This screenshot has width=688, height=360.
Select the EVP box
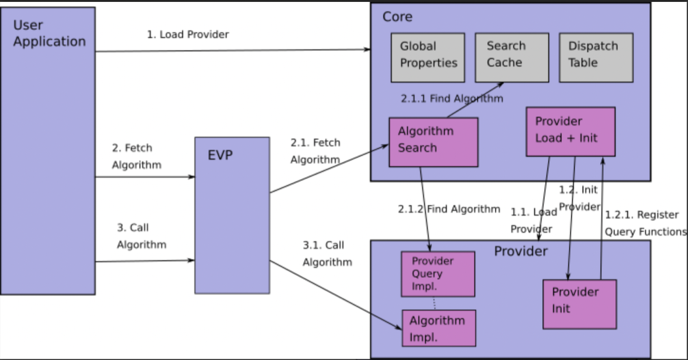point(232,215)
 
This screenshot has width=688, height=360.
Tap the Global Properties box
point(428,57)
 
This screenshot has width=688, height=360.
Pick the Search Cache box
point(512,57)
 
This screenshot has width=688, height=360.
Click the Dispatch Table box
point(596,57)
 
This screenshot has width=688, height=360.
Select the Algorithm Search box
point(433,141)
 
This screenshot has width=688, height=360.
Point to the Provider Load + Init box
point(570,131)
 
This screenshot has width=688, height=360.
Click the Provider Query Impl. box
point(438,274)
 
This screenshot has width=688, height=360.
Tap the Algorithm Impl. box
point(439,328)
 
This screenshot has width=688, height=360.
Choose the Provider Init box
point(579,304)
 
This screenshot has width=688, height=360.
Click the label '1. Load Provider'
point(188,34)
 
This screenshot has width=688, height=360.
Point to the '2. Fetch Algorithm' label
point(136,156)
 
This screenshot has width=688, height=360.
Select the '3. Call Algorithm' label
point(141,236)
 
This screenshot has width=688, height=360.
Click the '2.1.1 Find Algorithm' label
point(452,99)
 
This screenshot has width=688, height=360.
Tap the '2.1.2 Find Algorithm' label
point(449,209)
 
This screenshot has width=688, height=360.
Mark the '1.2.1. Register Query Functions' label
point(645,223)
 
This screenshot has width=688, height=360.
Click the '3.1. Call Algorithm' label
point(327,254)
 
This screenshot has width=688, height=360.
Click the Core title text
point(398,17)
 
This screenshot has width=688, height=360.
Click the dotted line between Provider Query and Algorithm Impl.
point(434,303)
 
